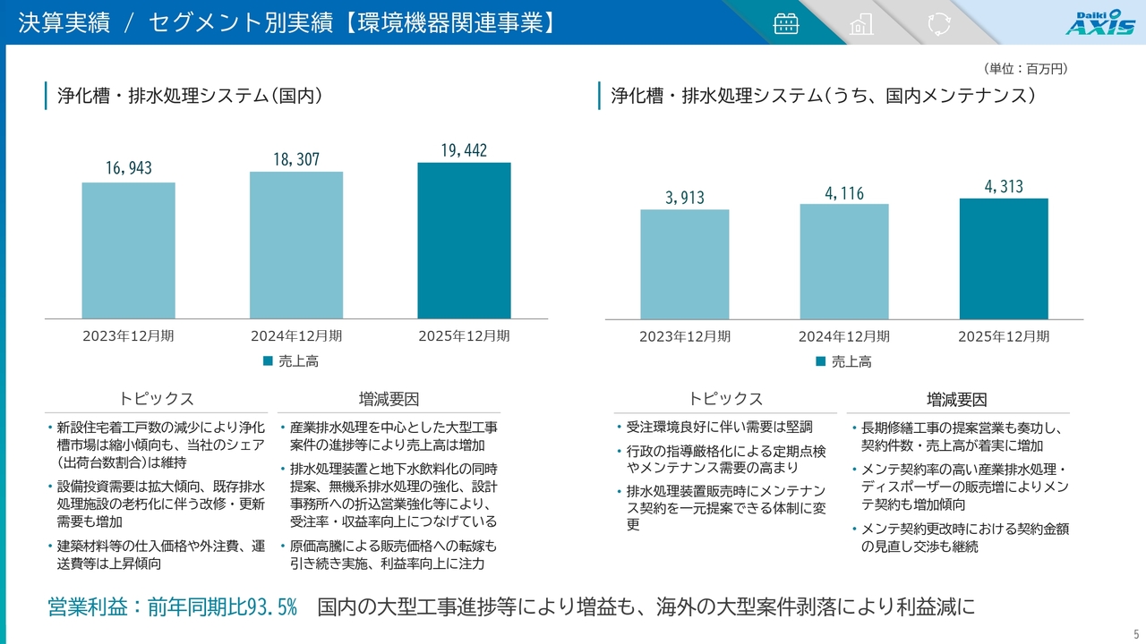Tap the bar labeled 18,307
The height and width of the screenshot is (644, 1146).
click(296, 245)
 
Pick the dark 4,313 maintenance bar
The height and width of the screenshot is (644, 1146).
click(1004, 258)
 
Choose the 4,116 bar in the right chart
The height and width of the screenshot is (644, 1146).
click(844, 261)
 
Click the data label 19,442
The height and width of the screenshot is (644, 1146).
click(464, 150)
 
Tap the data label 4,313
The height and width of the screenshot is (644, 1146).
click(1004, 186)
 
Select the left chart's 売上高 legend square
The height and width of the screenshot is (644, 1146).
click(268, 361)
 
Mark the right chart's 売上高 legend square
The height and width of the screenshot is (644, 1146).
click(821, 361)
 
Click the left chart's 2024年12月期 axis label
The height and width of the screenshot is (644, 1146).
click(296, 336)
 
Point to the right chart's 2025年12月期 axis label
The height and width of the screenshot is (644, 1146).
click(1004, 336)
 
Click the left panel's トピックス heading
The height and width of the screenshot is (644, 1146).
click(157, 399)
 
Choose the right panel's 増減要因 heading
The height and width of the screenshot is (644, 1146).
click(956, 399)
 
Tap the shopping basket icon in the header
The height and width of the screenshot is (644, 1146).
click(785, 23)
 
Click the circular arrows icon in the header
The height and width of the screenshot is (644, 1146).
click(938, 23)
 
